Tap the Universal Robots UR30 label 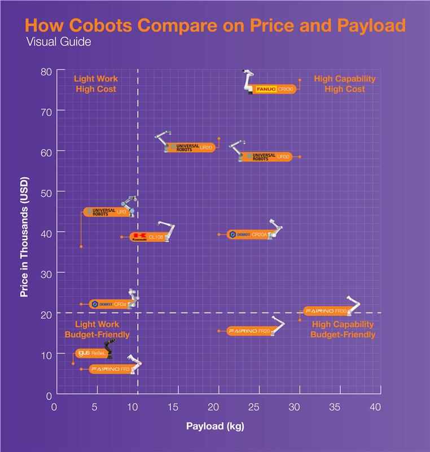(265, 157)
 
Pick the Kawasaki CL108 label (147, 237)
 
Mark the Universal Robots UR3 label (106, 212)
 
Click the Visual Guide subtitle (55, 42)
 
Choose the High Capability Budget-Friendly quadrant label (343, 329)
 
